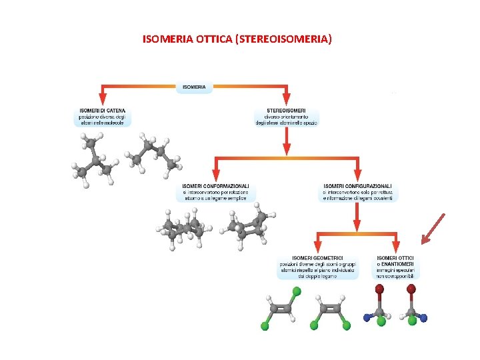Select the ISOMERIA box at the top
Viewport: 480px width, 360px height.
(x=194, y=87)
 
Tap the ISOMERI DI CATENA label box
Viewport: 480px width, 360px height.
(x=102, y=117)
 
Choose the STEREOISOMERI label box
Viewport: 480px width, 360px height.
(x=286, y=117)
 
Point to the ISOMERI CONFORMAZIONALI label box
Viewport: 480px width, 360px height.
(x=215, y=192)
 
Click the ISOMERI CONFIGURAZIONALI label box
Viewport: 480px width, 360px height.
(x=358, y=192)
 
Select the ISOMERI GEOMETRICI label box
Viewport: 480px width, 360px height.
(x=317, y=267)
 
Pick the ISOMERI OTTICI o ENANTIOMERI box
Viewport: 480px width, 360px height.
(x=395, y=267)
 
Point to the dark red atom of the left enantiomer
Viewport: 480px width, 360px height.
(x=379, y=289)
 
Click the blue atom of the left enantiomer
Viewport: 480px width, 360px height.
(x=366, y=317)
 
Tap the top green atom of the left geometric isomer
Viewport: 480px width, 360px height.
(x=297, y=292)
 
